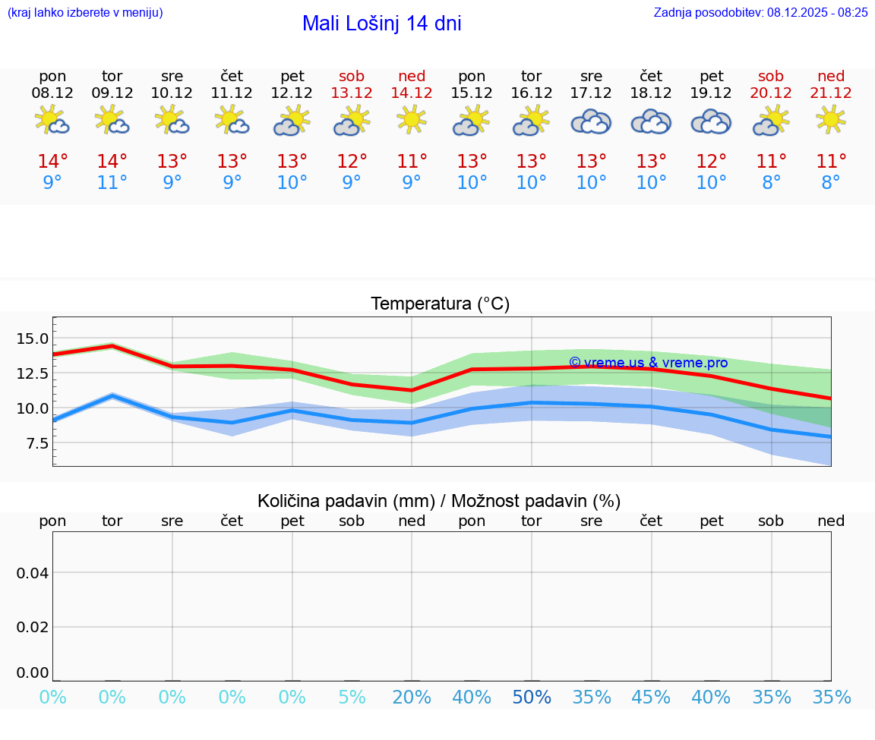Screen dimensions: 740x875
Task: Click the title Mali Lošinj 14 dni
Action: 381,24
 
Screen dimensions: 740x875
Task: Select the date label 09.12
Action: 112,93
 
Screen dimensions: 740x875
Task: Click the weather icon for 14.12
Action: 412,120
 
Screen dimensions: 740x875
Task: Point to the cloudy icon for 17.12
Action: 591,121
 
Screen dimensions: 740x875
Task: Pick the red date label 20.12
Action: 772,93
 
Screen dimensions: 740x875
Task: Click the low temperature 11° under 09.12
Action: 112,183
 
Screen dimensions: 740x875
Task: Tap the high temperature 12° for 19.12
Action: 711,162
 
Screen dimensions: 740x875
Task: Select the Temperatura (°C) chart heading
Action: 440,304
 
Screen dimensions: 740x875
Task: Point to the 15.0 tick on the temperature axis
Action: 33,339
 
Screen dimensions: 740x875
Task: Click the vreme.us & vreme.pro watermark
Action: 648,363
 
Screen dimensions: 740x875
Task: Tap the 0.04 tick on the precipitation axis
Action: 33,573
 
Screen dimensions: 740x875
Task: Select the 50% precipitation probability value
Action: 532,697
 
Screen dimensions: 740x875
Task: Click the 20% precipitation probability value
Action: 412,697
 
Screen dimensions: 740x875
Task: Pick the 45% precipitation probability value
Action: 651,697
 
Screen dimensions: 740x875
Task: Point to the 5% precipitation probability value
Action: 352,697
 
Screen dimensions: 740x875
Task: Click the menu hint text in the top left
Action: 84,12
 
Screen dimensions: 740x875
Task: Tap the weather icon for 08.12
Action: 52,120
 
